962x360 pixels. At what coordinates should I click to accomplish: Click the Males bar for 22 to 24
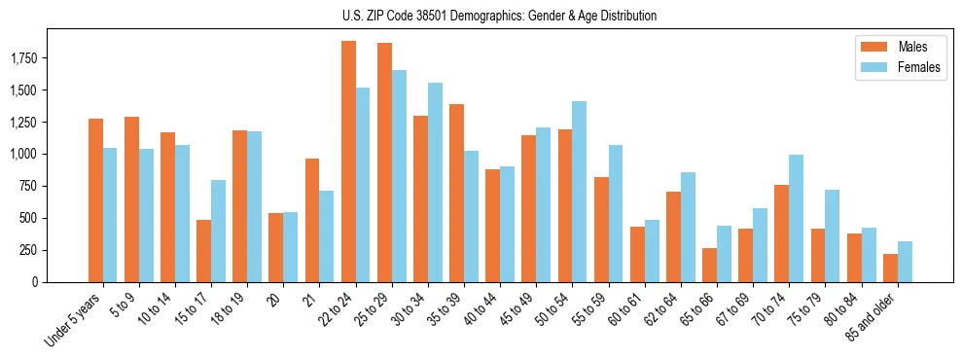(x=348, y=162)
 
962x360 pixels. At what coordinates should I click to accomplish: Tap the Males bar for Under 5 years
(x=95, y=200)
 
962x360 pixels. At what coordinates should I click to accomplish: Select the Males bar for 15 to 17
(x=204, y=251)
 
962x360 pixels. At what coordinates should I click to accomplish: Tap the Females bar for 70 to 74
(x=797, y=218)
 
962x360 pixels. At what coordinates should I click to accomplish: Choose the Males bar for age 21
(x=312, y=220)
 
